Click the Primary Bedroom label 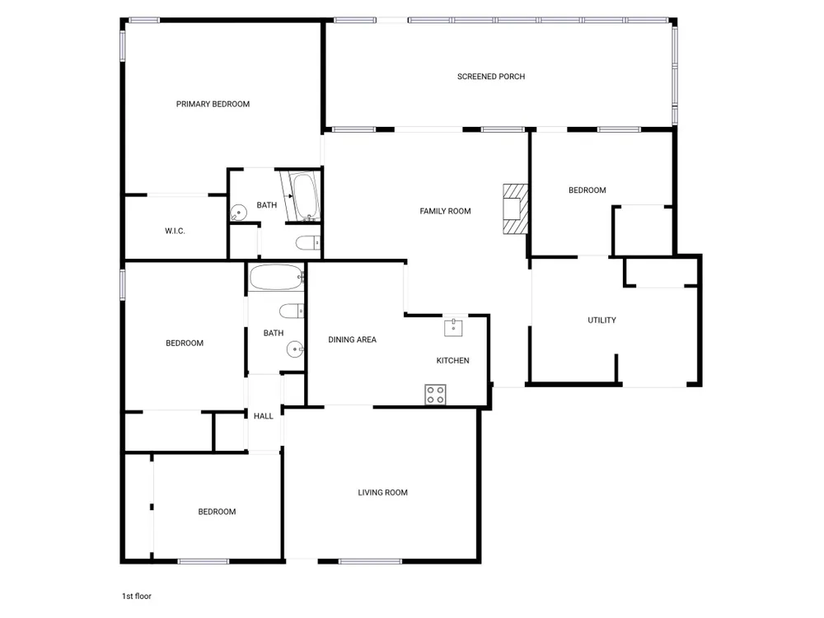(213, 104)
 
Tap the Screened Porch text (491, 77)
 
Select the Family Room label (445, 211)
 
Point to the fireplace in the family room (516, 208)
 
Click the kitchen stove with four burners (435, 395)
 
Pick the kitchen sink (453, 327)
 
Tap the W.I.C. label (175, 231)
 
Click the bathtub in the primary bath (304, 196)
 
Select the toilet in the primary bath (308, 243)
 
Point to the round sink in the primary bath (239, 213)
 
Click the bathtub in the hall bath (276, 277)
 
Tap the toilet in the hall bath (292, 311)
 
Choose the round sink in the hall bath (295, 349)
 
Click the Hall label (264, 416)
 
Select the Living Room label (382, 493)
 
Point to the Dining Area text (352, 340)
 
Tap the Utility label (602, 320)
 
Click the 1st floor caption (137, 596)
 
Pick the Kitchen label (452, 361)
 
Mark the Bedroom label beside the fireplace (587, 190)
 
